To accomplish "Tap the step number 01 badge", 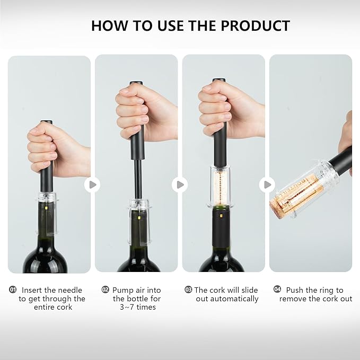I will pyautogui.click(x=13, y=290).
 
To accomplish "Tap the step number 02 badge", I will pyautogui.click(x=105, y=290).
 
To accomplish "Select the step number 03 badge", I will pyautogui.click(x=188, y=290).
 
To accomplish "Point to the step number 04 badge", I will pyautogui.click(x=277, y=289).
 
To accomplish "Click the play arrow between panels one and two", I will pyautogui.click(x=92, y=185).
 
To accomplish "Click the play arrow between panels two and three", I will pyautogui.click(x=180, y=185).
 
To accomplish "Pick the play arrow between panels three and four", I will pyautogui.click(x=267, y=185).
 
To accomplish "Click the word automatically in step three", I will pyautogui.click(x=226, y=298).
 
